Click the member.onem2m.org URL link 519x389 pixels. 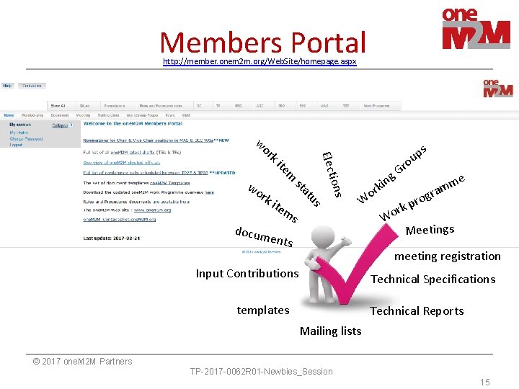pyautogui.click(x=259, y=62)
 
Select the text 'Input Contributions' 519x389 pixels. pyautogui.click(x=247, y=274)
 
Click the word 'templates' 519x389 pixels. pyautogui.click(x=263, y=310)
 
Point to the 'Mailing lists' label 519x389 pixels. pyautogui.click(x=330, y=331)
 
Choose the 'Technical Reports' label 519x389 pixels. pyautogui.click(x=417, y=311)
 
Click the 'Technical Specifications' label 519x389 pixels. pyautogui.click(x=432, y=280)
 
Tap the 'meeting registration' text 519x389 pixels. pyautogui.click(x=447, y=256)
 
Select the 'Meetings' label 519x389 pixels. pyautogui.click(x=430, y=231)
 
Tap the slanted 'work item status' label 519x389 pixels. pyautogui.click(x=288, y=170)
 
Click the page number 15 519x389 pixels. pyautogui.click(x=485, y=382)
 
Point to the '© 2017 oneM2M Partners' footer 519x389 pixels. pyautogui.click(x=83, y=362)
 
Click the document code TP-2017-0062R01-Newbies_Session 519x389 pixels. pyautogui.click(x=261, y=372)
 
